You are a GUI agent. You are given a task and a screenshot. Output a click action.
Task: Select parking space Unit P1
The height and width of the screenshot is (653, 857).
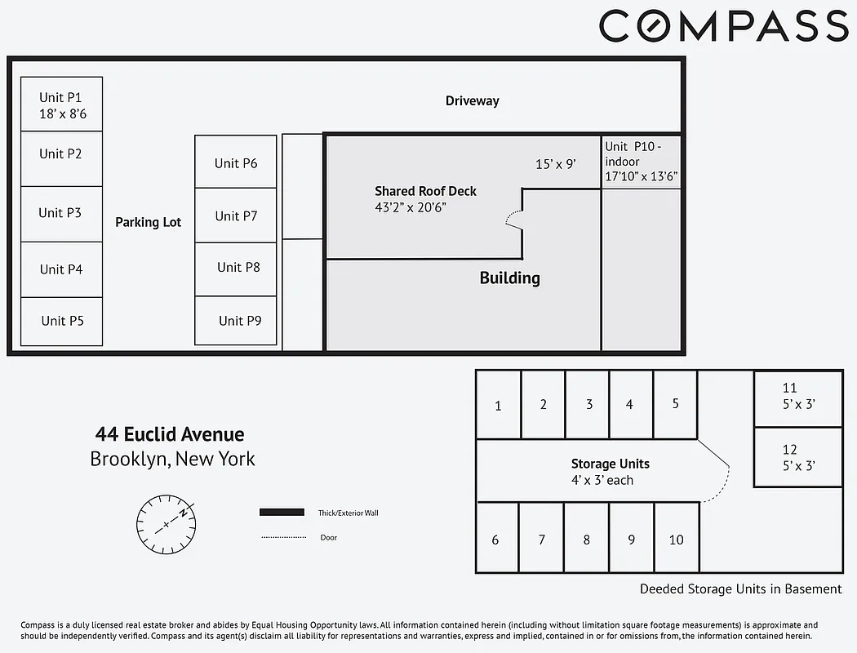pos(61,104)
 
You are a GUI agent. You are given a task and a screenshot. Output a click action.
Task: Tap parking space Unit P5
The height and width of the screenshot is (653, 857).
pos(61,321)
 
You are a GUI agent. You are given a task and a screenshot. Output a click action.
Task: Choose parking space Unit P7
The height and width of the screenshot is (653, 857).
pos(236,215)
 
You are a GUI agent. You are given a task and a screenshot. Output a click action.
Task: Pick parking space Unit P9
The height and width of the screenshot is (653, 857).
pos(236,321)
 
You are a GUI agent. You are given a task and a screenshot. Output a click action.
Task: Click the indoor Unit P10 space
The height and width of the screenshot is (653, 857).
pos(641,162)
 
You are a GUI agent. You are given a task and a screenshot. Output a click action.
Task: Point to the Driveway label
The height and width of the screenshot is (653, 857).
pos(472,101)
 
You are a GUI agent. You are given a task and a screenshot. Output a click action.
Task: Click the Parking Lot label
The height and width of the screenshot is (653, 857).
pos(148,222)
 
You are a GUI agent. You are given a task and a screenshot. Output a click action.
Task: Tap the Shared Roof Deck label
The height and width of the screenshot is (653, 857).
pos(425,191)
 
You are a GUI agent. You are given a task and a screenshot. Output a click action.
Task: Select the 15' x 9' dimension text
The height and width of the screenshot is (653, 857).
pos(555,164)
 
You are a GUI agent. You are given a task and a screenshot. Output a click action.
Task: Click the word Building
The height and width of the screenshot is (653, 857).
pos(509,278)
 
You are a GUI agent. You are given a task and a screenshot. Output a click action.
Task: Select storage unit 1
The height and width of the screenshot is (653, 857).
pos(498,405)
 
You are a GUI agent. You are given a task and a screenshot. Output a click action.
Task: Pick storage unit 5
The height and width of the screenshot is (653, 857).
pos(675,403)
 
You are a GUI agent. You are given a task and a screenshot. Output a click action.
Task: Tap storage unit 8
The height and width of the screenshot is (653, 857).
pos(586,540)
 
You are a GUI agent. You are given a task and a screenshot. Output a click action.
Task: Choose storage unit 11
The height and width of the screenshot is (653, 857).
pos(797,396)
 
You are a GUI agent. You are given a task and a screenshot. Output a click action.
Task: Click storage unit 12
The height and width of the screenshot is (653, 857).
pos(797,457)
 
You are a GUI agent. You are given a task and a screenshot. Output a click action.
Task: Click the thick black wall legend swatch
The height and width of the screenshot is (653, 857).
pos(282,513)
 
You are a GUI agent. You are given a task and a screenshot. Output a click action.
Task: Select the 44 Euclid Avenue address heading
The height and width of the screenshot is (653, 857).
pos(170,434)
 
